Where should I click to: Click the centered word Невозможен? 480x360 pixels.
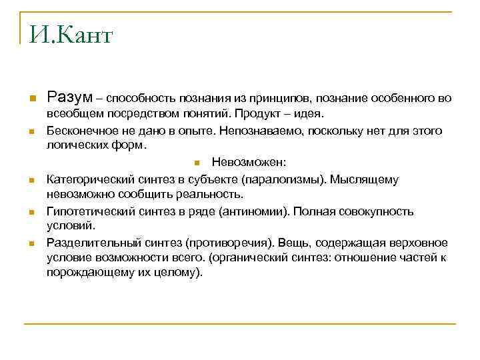point(249,162)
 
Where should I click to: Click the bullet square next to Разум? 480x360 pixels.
point(31,99)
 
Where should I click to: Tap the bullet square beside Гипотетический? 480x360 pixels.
point(31,212)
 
